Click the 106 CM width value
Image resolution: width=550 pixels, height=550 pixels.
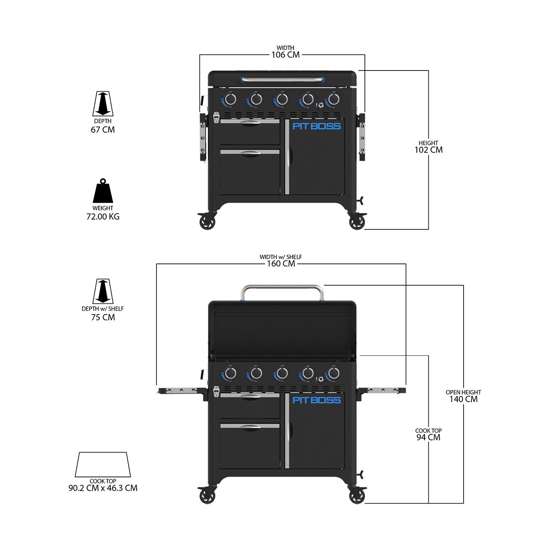pyautogui.click(x=285, y=55)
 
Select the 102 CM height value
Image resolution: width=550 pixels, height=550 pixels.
pyautogui.click(x=428, y=150)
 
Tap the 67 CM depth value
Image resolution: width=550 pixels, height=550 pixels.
pyautogui.click(x=103, y=130)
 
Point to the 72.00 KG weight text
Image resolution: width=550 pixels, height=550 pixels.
pyautogui.click(x=103, y=217)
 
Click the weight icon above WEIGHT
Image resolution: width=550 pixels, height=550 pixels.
pyautogui.click(x=103, y=192)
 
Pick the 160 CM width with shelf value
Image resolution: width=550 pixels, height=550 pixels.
pyautogui.click(x=281, y=263)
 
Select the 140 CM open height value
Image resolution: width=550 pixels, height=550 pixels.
pyautogui.click(x=463, y=399)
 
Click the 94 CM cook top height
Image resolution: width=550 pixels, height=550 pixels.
pyautogui.click(x=428, y=437)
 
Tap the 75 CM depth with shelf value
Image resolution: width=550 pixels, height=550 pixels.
pyautogui.click(x=103, y=318)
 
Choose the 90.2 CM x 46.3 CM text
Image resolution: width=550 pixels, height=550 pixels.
pyautogui.click(x=103, y=488)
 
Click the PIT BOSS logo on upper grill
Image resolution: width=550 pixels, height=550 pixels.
pyautogui.click(x=316, y=126)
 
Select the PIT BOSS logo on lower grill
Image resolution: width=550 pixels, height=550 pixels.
pyautogui.click(x=316, y=400)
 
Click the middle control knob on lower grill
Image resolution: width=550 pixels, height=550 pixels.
pyautogui.click(x=281, y=373)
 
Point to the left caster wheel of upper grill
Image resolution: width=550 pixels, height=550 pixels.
pyautogui.click(x=207, y=222)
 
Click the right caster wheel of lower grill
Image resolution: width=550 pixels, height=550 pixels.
pyautogui.click(x=357, y=496)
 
